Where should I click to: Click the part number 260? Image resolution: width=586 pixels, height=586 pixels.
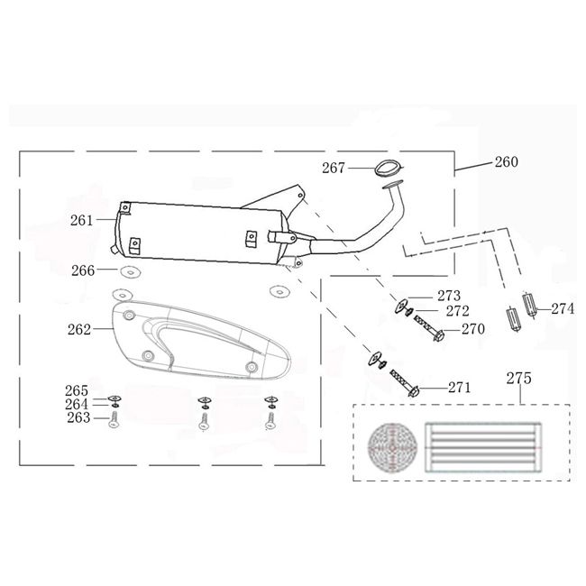click(507, 161)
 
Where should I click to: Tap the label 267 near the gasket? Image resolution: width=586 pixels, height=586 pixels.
click(334, 168)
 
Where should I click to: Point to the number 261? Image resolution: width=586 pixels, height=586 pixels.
click(81, 220)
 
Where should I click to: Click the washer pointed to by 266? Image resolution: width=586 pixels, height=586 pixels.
click(131, 271)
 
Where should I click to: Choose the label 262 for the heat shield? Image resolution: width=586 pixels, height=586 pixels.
click(79, 329)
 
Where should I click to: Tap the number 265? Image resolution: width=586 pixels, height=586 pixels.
click(77, 390)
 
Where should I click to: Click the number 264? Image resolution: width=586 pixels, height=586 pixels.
click(77, 404)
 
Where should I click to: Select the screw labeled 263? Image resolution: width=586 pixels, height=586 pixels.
click(114, 420)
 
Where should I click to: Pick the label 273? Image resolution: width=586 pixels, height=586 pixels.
click(449, 296)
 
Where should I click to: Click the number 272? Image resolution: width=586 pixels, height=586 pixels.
click(457, 311)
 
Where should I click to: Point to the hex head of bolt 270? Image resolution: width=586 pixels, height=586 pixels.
click(439, 335)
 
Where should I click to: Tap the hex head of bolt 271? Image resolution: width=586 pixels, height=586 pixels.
click(413, 392)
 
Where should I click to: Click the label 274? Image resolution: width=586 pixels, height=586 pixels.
click(563, 308)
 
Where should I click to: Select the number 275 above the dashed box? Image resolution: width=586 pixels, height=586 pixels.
click(518, 379)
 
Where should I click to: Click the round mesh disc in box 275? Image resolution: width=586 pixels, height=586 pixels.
click(392, 447)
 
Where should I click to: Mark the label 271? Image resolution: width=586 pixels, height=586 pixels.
click(460, 388)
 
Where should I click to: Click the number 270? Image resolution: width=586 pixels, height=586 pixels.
click(473, 329)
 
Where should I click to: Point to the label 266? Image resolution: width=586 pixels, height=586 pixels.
click(83, 270)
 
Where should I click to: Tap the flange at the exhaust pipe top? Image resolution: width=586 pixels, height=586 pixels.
click(393, 184)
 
